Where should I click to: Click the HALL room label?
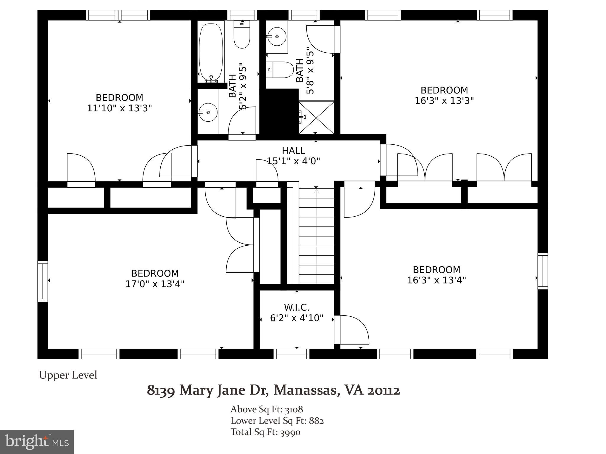(x=293, y=151)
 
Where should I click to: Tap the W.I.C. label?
(x=297, y=308)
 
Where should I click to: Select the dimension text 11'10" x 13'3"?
(x=120, y=108)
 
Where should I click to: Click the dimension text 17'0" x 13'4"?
(x=155, y=284)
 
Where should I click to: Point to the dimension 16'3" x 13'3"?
(x=444, y=101)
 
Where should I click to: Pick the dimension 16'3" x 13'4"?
(x=436, y=280)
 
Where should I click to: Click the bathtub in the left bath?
(x=211, y=52)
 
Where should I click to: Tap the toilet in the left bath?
(x=242, y=34)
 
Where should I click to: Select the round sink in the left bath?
(x=208, y=112)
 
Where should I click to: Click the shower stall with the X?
(x=316, y=117)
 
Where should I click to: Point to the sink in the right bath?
(x=277, y=36)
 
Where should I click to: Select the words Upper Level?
(x=68, y=375)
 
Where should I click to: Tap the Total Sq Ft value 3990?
(x=290, y=432)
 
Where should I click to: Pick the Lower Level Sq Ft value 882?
(x=316, y=421)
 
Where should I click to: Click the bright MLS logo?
(x=37, y=442)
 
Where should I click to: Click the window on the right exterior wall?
(x=543, y=271)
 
